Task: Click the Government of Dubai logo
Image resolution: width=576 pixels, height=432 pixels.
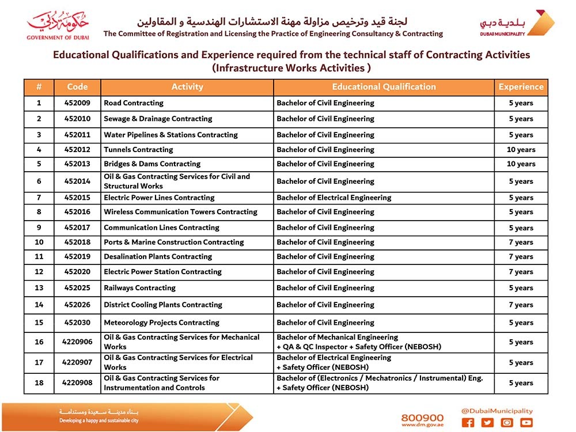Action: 58,25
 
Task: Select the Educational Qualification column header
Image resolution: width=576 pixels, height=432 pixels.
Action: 384,87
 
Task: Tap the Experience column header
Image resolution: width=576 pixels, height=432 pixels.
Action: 521,87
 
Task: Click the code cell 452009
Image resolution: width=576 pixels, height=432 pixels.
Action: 77,103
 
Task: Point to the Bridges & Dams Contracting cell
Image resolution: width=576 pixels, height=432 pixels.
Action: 152,164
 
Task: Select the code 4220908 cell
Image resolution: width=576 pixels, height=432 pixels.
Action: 77,383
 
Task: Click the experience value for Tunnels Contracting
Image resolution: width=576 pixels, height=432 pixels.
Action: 521,150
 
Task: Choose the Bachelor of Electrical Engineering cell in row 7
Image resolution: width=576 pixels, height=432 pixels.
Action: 334,198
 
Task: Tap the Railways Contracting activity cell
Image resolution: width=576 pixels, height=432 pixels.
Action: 139,288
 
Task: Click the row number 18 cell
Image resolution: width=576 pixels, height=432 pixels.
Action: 39,383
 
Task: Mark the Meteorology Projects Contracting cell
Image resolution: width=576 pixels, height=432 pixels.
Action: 161,323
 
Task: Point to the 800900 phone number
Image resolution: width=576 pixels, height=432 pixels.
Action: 422,418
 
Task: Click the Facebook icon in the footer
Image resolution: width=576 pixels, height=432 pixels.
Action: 468,423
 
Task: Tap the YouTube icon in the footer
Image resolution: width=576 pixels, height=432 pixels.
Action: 526,423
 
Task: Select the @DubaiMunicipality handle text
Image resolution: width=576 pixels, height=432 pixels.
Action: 497,411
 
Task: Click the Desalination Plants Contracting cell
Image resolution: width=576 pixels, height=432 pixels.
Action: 158,257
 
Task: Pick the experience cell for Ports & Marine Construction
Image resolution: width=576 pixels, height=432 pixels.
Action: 521,242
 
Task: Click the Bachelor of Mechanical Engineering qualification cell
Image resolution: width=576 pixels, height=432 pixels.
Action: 383,342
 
